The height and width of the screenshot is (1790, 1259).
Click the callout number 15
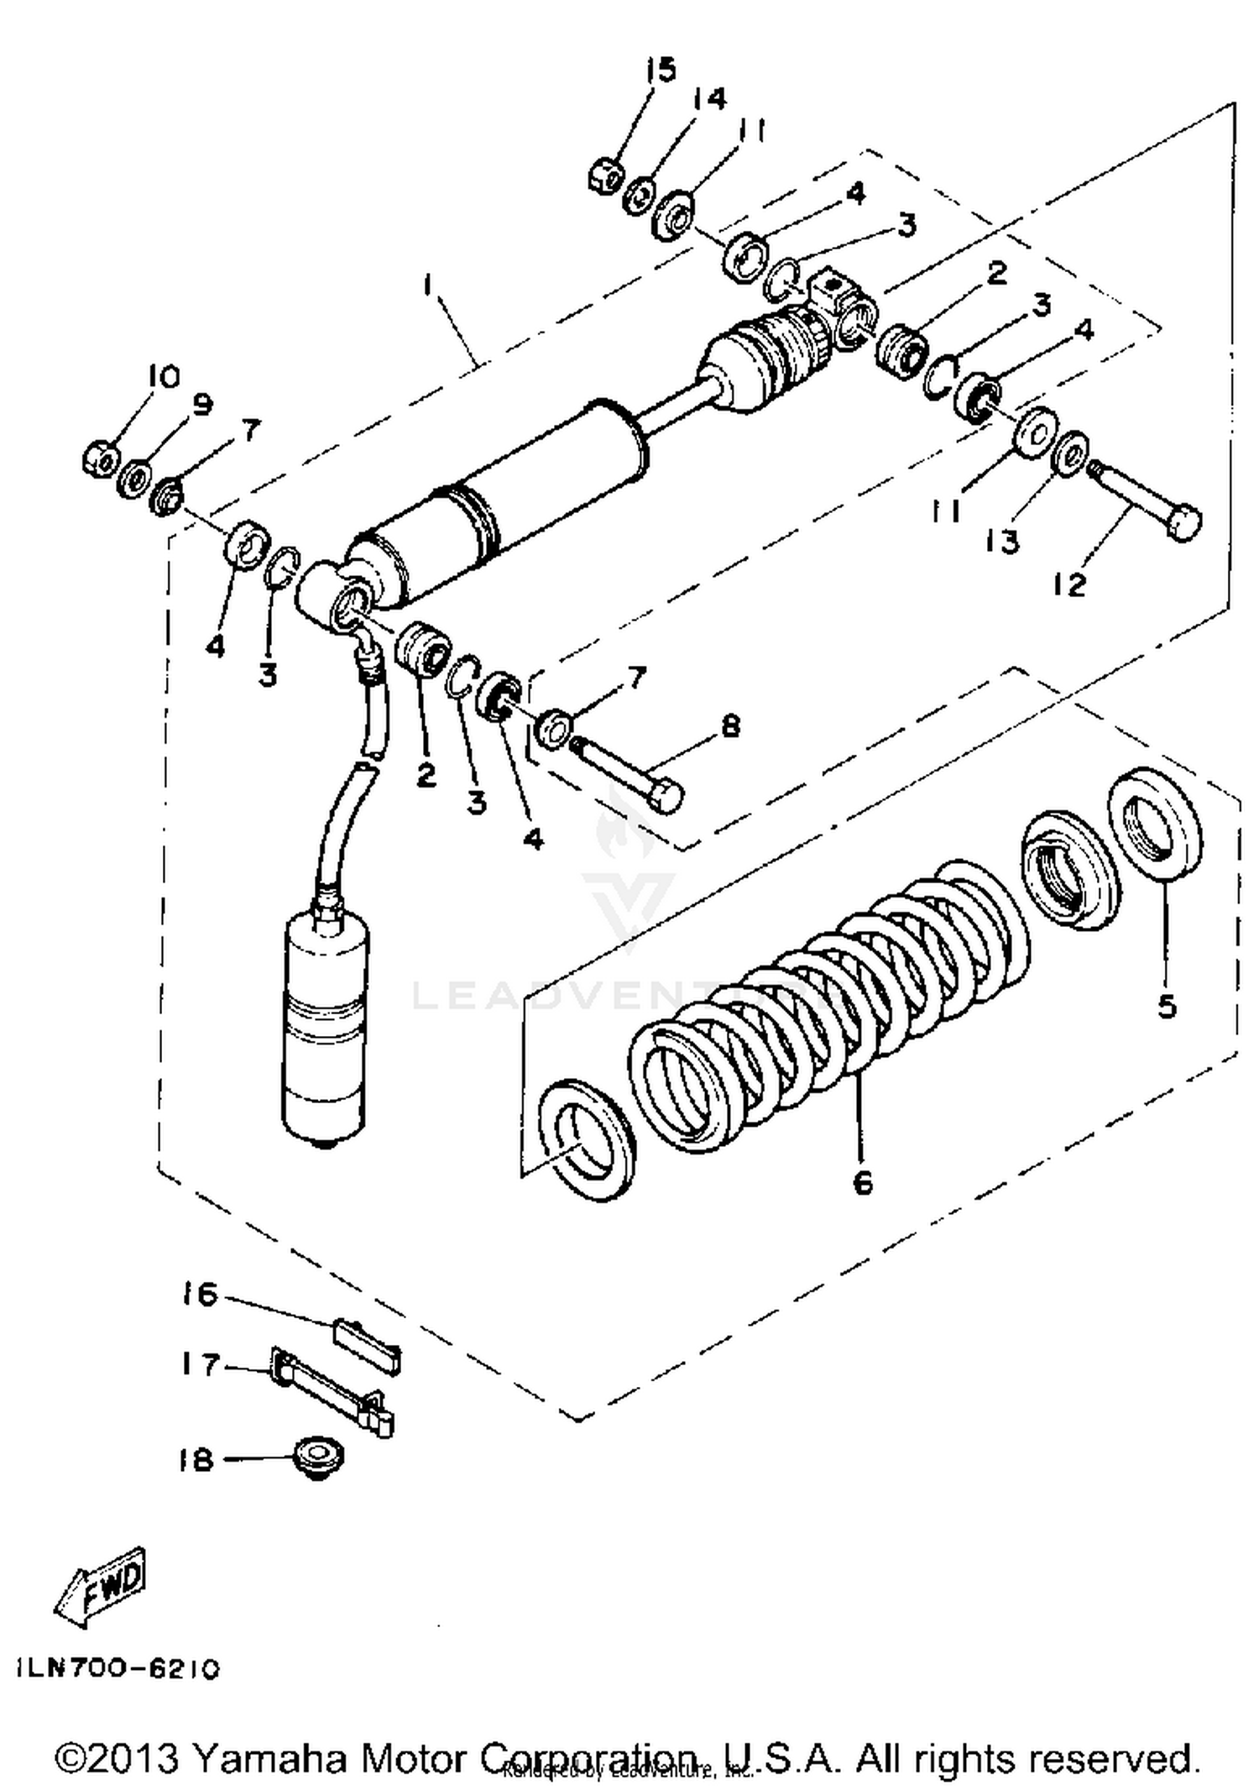click(661, 70)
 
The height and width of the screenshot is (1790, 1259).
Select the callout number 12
click(1069, 584)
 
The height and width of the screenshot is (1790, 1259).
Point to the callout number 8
click(730, 725)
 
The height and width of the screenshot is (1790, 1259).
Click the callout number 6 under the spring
click(862, 1182)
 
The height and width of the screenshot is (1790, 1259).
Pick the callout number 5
click(1167, 1006)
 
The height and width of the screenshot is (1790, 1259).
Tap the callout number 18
click(196, 1460)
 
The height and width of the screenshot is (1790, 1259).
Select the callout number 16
click(200, 1294)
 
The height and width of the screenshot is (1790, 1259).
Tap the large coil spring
click(831, 999)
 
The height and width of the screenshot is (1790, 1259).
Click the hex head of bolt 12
click(1183, 522)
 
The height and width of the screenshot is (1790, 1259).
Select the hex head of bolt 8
click(666, 795)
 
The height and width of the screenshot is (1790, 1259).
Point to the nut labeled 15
click(604, 176)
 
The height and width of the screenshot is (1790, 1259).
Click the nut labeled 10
click(98, 458)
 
